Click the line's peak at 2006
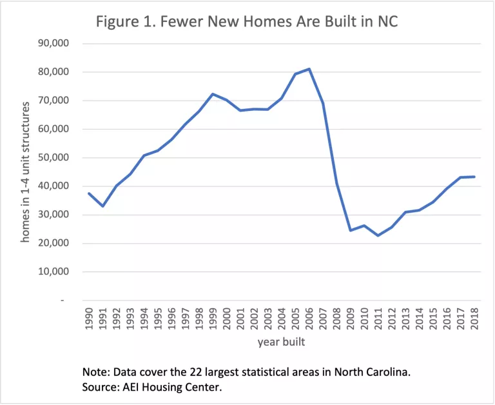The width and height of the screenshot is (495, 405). (309, 69)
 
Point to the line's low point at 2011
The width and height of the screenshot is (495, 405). (378, 235)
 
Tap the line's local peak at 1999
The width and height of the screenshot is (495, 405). (213, 94)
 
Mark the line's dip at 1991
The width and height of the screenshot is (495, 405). (103, 206)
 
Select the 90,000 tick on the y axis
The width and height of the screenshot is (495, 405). (59, 44)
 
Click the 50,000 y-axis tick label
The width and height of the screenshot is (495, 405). (59, 158)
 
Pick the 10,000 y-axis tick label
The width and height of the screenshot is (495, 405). (59, 272)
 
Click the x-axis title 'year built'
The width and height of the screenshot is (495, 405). (281, 342)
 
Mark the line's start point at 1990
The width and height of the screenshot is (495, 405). (89, 193)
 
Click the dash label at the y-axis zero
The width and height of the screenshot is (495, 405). (63, 301)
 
